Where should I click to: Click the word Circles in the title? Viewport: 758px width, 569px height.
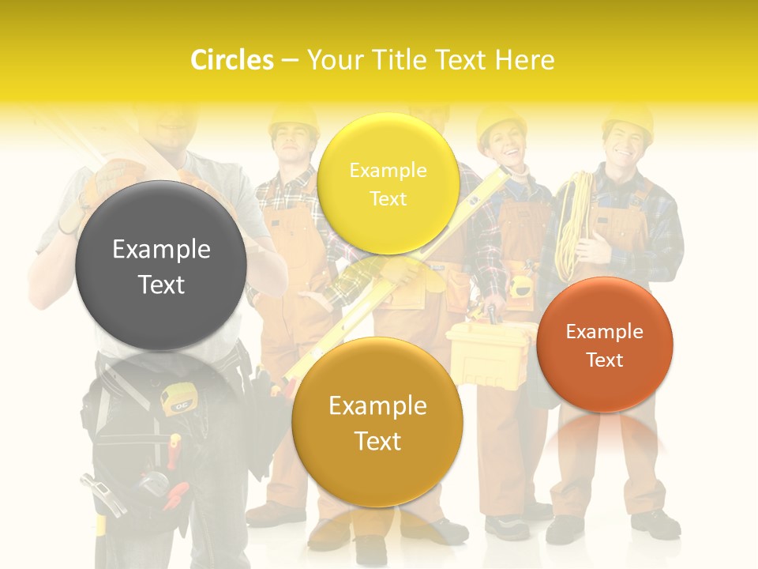click(231, 60)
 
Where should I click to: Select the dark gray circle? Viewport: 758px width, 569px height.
click(160, 266)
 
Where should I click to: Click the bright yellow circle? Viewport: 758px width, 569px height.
click(388, 183)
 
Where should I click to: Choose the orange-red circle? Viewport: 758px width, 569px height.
click(605, 345)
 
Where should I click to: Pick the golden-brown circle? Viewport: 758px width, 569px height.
click(377, 422)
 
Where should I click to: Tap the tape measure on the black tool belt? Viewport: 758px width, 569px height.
click(177, 398)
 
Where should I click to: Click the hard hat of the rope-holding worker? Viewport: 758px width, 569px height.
click(629, 118)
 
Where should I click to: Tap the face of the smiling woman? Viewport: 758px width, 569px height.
click(502, 148)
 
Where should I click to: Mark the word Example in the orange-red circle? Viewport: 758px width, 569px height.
click(605, 332)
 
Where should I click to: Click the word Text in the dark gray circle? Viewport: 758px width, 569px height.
click(161, 284)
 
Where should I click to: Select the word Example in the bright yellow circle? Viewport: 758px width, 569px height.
click(388, 171)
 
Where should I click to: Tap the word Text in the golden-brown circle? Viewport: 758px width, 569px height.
click(377, 441)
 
